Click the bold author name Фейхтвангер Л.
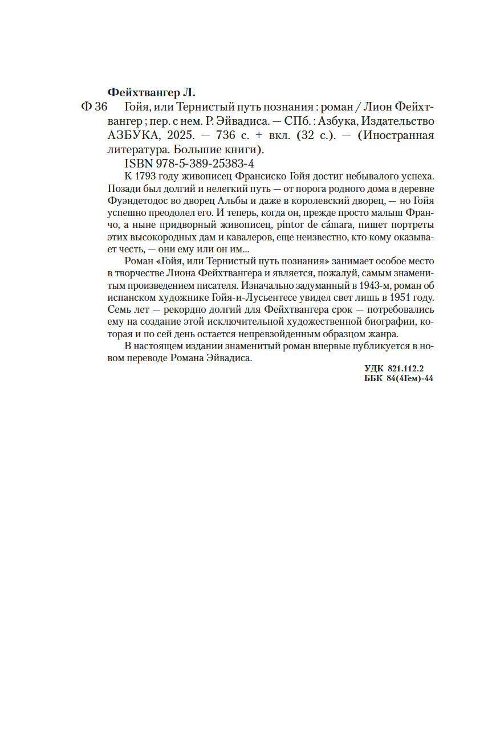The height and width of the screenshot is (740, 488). pos(151,92)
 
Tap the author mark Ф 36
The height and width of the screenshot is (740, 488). pos(95,107)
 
